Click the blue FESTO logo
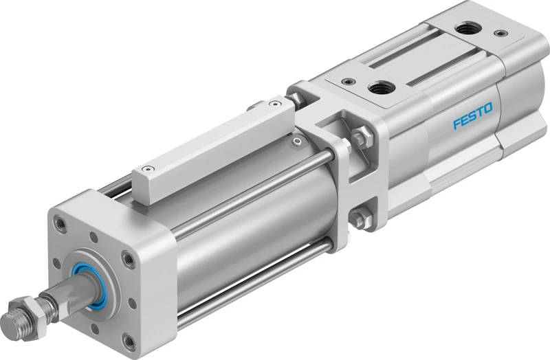pyautogui.click(x=472, y=115)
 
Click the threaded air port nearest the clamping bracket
pyautogui.click(x=381, y=87)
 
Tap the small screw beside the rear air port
pyautogui.click(x=500, y=33)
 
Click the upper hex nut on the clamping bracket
pyautogui.click(x=363, y=137)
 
